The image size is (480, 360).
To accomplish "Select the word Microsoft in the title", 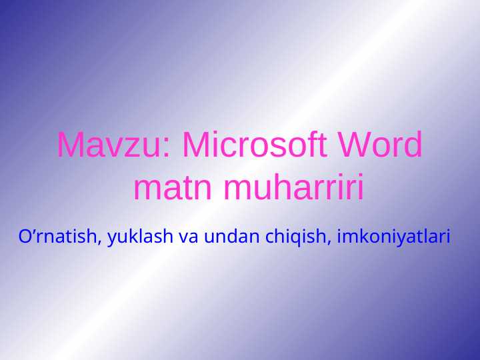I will pyautogui.click(x=255, y=145).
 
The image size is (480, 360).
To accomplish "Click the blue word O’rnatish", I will pyautogui.click(x=59, y=236).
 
